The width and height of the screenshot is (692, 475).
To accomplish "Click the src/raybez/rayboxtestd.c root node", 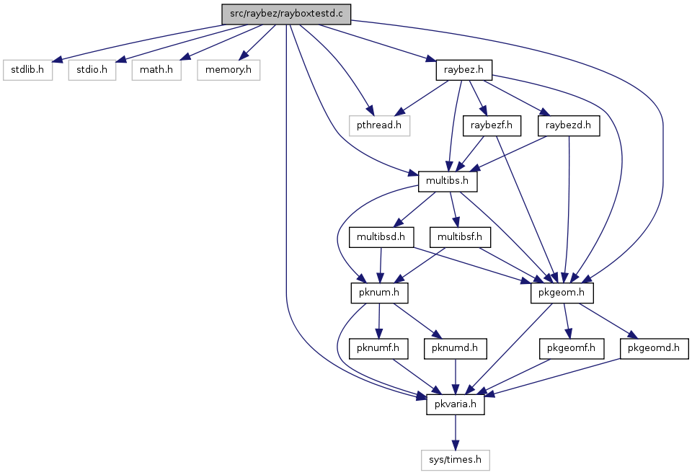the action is (x=286, y=14).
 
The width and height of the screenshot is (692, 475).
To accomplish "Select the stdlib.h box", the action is (x=27, y=70).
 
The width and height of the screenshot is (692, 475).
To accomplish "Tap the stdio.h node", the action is (x=92, y=70).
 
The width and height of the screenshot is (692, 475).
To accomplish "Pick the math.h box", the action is (x=156, y=70).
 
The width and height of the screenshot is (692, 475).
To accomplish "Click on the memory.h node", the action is (x=229, y=70).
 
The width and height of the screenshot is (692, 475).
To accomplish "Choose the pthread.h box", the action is (x=379, y=125).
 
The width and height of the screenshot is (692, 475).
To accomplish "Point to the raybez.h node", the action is (x=463, y=70).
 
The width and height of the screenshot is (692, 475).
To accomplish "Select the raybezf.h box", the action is (x=492, y=125).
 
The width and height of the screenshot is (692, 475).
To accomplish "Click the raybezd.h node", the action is (x=569, y=125).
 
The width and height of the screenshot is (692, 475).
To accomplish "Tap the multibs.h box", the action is (x=448, y=181).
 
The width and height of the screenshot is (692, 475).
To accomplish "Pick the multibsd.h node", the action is (x=381, y=237).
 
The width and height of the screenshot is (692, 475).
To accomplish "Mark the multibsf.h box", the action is (x=460, y=237).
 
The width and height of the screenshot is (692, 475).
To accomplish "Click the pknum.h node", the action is (x=380, y=293).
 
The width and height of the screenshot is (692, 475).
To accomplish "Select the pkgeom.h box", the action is (x=562, y=293).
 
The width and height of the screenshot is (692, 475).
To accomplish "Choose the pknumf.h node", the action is (x=378, y=348).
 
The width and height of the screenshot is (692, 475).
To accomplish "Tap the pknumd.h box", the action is (x=455, y=348).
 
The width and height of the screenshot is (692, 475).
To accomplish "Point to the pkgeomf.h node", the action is (x=571, y=348).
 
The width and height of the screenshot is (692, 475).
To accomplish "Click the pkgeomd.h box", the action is (x=654, y=348).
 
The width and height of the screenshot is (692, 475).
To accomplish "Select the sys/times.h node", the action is (x=455, y=460).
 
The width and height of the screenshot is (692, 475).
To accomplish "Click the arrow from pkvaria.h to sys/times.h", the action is (x=455, y=432).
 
